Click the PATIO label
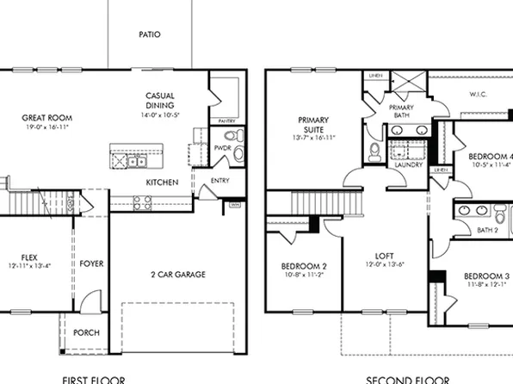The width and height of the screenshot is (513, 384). (150, 35)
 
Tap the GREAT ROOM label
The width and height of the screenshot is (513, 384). (46, 118)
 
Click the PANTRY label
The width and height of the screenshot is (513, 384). (227, 122)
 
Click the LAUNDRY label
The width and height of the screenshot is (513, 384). (408, 164)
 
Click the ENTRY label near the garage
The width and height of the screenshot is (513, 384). (221, 182)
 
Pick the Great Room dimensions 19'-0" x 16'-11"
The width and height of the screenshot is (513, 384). (46, 127)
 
